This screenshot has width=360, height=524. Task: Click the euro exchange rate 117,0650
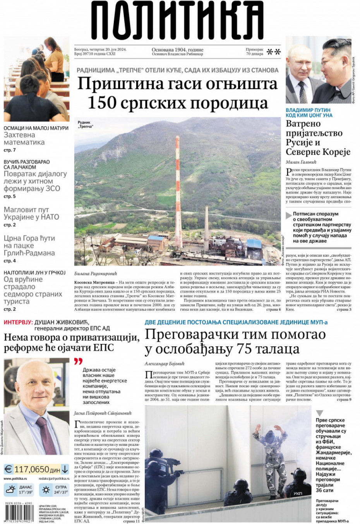click(x=32, y=469)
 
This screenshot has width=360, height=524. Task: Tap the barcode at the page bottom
click(x=20, y=513)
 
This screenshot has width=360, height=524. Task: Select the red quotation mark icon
click(x=78, y=361)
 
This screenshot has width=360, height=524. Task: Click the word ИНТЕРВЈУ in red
click(x=18, y=322)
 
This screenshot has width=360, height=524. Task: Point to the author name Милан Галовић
click(x=301, y=162)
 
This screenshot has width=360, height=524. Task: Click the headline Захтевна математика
click(x=24, y=139)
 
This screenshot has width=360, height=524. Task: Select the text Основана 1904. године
click(x=177, y=50)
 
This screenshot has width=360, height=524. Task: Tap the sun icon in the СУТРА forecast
click(x=46, y=490)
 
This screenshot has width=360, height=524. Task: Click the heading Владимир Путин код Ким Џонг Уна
click(x=309, y=113)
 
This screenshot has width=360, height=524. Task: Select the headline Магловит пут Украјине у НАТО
click(x=31, y=213)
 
